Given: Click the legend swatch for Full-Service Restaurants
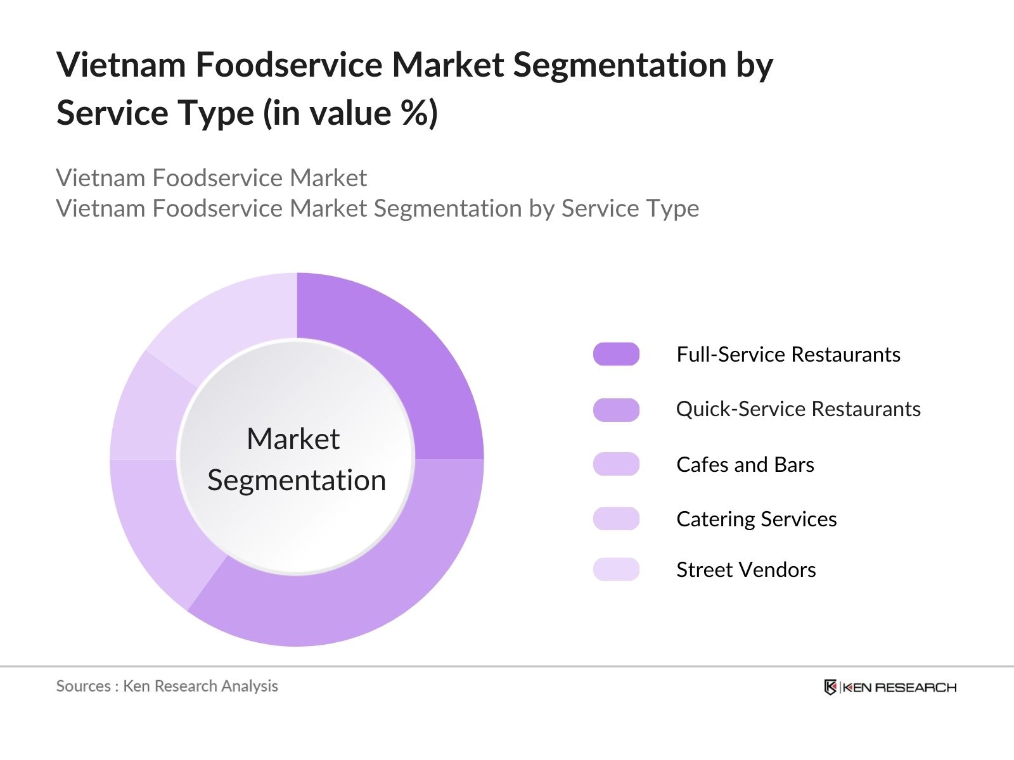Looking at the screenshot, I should [616, 354].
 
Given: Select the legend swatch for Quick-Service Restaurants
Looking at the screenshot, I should [616, 410].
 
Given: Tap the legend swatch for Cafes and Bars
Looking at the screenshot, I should [616, 464].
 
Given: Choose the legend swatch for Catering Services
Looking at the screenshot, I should [616, 519].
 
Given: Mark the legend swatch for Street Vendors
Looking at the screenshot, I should [616, 569].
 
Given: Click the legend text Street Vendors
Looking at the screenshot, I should [746, 569].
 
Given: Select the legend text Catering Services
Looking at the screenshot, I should [756, 519].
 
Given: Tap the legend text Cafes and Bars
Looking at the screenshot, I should [745, 464].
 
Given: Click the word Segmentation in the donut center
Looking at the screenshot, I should [297, 480].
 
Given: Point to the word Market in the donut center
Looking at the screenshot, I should [293, 439].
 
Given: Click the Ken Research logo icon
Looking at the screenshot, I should [830, 687].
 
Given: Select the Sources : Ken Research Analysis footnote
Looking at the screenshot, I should [167, 686].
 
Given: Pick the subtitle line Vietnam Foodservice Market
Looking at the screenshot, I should [211, 178].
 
